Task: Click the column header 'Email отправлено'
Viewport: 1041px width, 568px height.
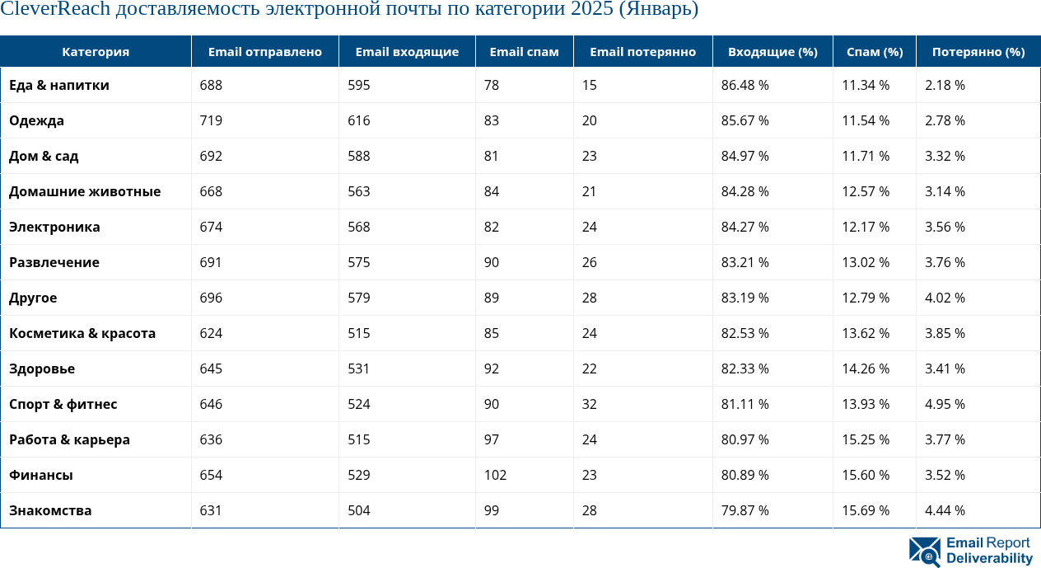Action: tap(264, 52)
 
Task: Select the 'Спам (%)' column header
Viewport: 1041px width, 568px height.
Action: tap(875, 52)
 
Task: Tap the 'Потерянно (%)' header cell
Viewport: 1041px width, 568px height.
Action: tap(978, 52)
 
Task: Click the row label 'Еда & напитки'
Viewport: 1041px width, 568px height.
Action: tap(59, 86)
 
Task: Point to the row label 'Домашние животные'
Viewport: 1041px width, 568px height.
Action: tap(85, 192)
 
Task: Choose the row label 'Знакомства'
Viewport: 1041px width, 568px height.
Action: tap(50, 511)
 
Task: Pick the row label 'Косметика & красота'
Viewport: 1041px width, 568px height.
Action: tap(82, 334)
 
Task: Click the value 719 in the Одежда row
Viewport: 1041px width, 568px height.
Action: tap(212, 121)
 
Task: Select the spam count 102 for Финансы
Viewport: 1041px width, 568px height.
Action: tap(495, 476)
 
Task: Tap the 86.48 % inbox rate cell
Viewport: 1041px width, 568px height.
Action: tap(745, 86)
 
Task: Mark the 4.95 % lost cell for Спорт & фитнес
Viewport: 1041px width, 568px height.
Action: tap(945, 405)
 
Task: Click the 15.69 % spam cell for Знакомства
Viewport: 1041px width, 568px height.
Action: tap(866, 511)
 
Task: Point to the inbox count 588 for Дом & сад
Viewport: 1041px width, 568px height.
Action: tap(358, 157)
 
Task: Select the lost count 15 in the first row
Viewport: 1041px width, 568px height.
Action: tap(589, 86)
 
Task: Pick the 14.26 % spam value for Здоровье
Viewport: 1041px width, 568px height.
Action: tap(866, 369)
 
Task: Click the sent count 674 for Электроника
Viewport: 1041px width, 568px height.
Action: tap(212, 228)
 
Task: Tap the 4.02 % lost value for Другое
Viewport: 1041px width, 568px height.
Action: tap(945, 298)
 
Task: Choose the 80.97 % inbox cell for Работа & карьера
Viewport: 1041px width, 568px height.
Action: tap(745, 440)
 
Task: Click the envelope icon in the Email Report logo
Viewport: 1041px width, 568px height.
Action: tap(925, 552)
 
